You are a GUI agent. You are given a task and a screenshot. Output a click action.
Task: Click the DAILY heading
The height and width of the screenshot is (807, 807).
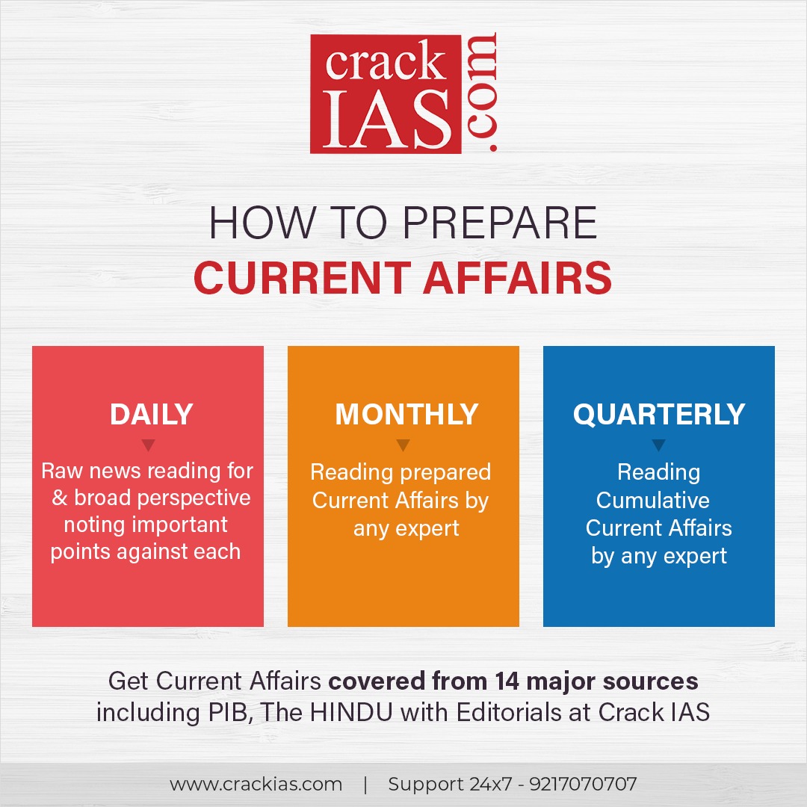[x=152, y=415]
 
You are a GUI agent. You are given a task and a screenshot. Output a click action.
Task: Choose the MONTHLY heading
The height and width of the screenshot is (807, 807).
[x=406, y=415]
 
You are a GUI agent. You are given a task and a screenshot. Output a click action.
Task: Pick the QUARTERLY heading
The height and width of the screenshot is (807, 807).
[x=659, y=415]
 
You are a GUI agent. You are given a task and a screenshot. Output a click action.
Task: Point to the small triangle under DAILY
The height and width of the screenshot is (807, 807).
[x=148, y=445]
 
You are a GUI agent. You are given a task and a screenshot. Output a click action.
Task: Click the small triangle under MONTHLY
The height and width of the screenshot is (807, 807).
[x=403, y=445]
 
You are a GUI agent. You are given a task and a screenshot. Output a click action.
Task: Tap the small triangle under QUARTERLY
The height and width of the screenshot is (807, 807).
[x=658, y=445]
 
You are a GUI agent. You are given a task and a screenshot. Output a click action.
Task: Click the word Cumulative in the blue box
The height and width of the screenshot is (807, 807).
[x=653, y=500]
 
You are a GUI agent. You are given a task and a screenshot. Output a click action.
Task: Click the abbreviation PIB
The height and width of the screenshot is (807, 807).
[x=222, y=712]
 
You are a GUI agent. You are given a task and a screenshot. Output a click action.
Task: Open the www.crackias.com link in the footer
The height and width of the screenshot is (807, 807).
[x=256, y=785]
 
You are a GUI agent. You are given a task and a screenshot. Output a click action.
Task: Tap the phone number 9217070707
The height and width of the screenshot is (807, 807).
[x=583, y=785]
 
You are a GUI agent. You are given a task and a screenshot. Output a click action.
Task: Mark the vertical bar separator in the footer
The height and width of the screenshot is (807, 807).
[x=365, y=785]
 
